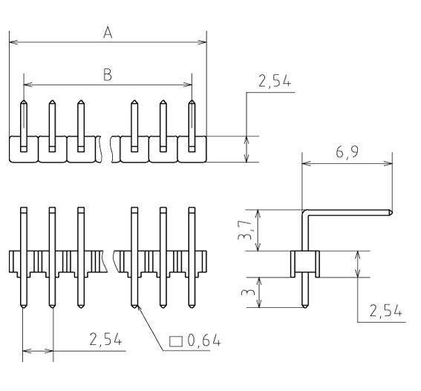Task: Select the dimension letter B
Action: tap(107, 74)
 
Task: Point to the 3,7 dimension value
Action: tap(255, 229)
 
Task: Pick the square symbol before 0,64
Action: tap(176, 341)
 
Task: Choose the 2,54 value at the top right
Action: tap(274, 83)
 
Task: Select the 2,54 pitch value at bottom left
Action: tap(105, 340)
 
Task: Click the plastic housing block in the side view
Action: tap(304, 263)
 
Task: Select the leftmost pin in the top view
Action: tap(24, 125)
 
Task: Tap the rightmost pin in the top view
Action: tap(192, 125)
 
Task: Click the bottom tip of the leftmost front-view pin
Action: tap(24, 305)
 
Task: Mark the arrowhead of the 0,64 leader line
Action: tap(136, 306)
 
